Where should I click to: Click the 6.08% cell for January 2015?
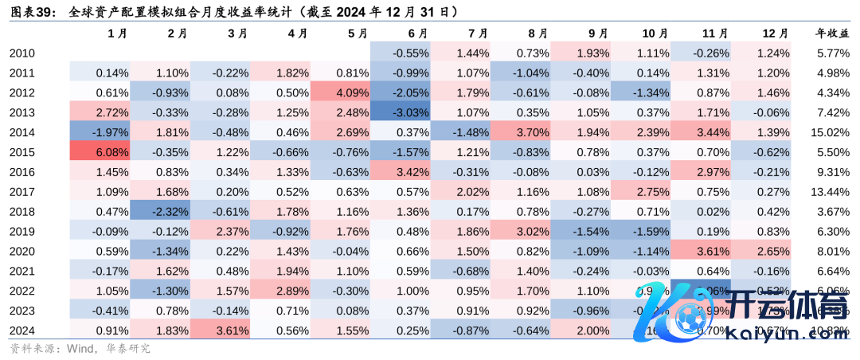(100, 151)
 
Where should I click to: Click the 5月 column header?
(357, 33)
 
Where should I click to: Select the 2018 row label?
(22, 211)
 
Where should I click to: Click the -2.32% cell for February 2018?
(161, 211)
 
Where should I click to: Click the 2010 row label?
(22, 53)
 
